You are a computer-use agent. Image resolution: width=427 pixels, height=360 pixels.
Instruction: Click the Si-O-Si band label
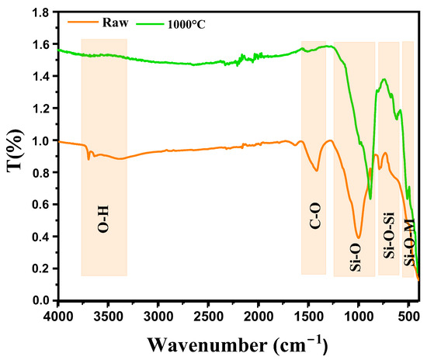click(388, 237)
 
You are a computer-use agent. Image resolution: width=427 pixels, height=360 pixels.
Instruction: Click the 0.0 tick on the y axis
click(40, 300)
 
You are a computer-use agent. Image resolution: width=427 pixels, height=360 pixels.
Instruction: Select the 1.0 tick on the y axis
click(40, 140)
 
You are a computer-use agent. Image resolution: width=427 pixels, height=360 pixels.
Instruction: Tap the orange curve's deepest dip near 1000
click(358, 237)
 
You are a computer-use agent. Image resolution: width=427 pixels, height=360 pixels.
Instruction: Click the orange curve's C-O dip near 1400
click(317, 170)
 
